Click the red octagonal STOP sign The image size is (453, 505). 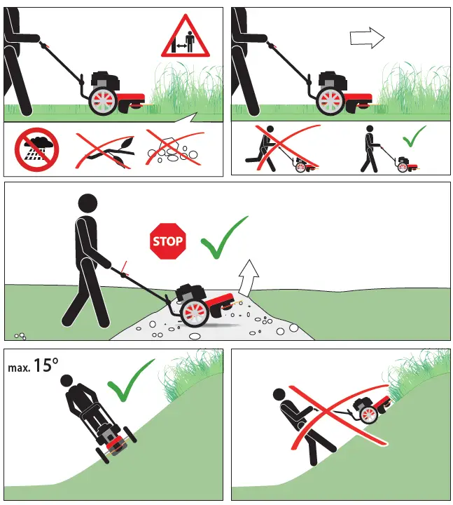tap(167, 242)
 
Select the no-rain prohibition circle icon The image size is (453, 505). tap(37, 149)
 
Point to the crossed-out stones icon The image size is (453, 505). tap(175, 149)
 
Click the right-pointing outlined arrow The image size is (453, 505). tap(368, 37)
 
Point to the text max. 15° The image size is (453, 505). tap(34, 365)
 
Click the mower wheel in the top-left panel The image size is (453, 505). tap(103, 102)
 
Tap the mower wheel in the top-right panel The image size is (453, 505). tap(330, 102)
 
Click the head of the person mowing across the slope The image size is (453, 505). tap(67, 382)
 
